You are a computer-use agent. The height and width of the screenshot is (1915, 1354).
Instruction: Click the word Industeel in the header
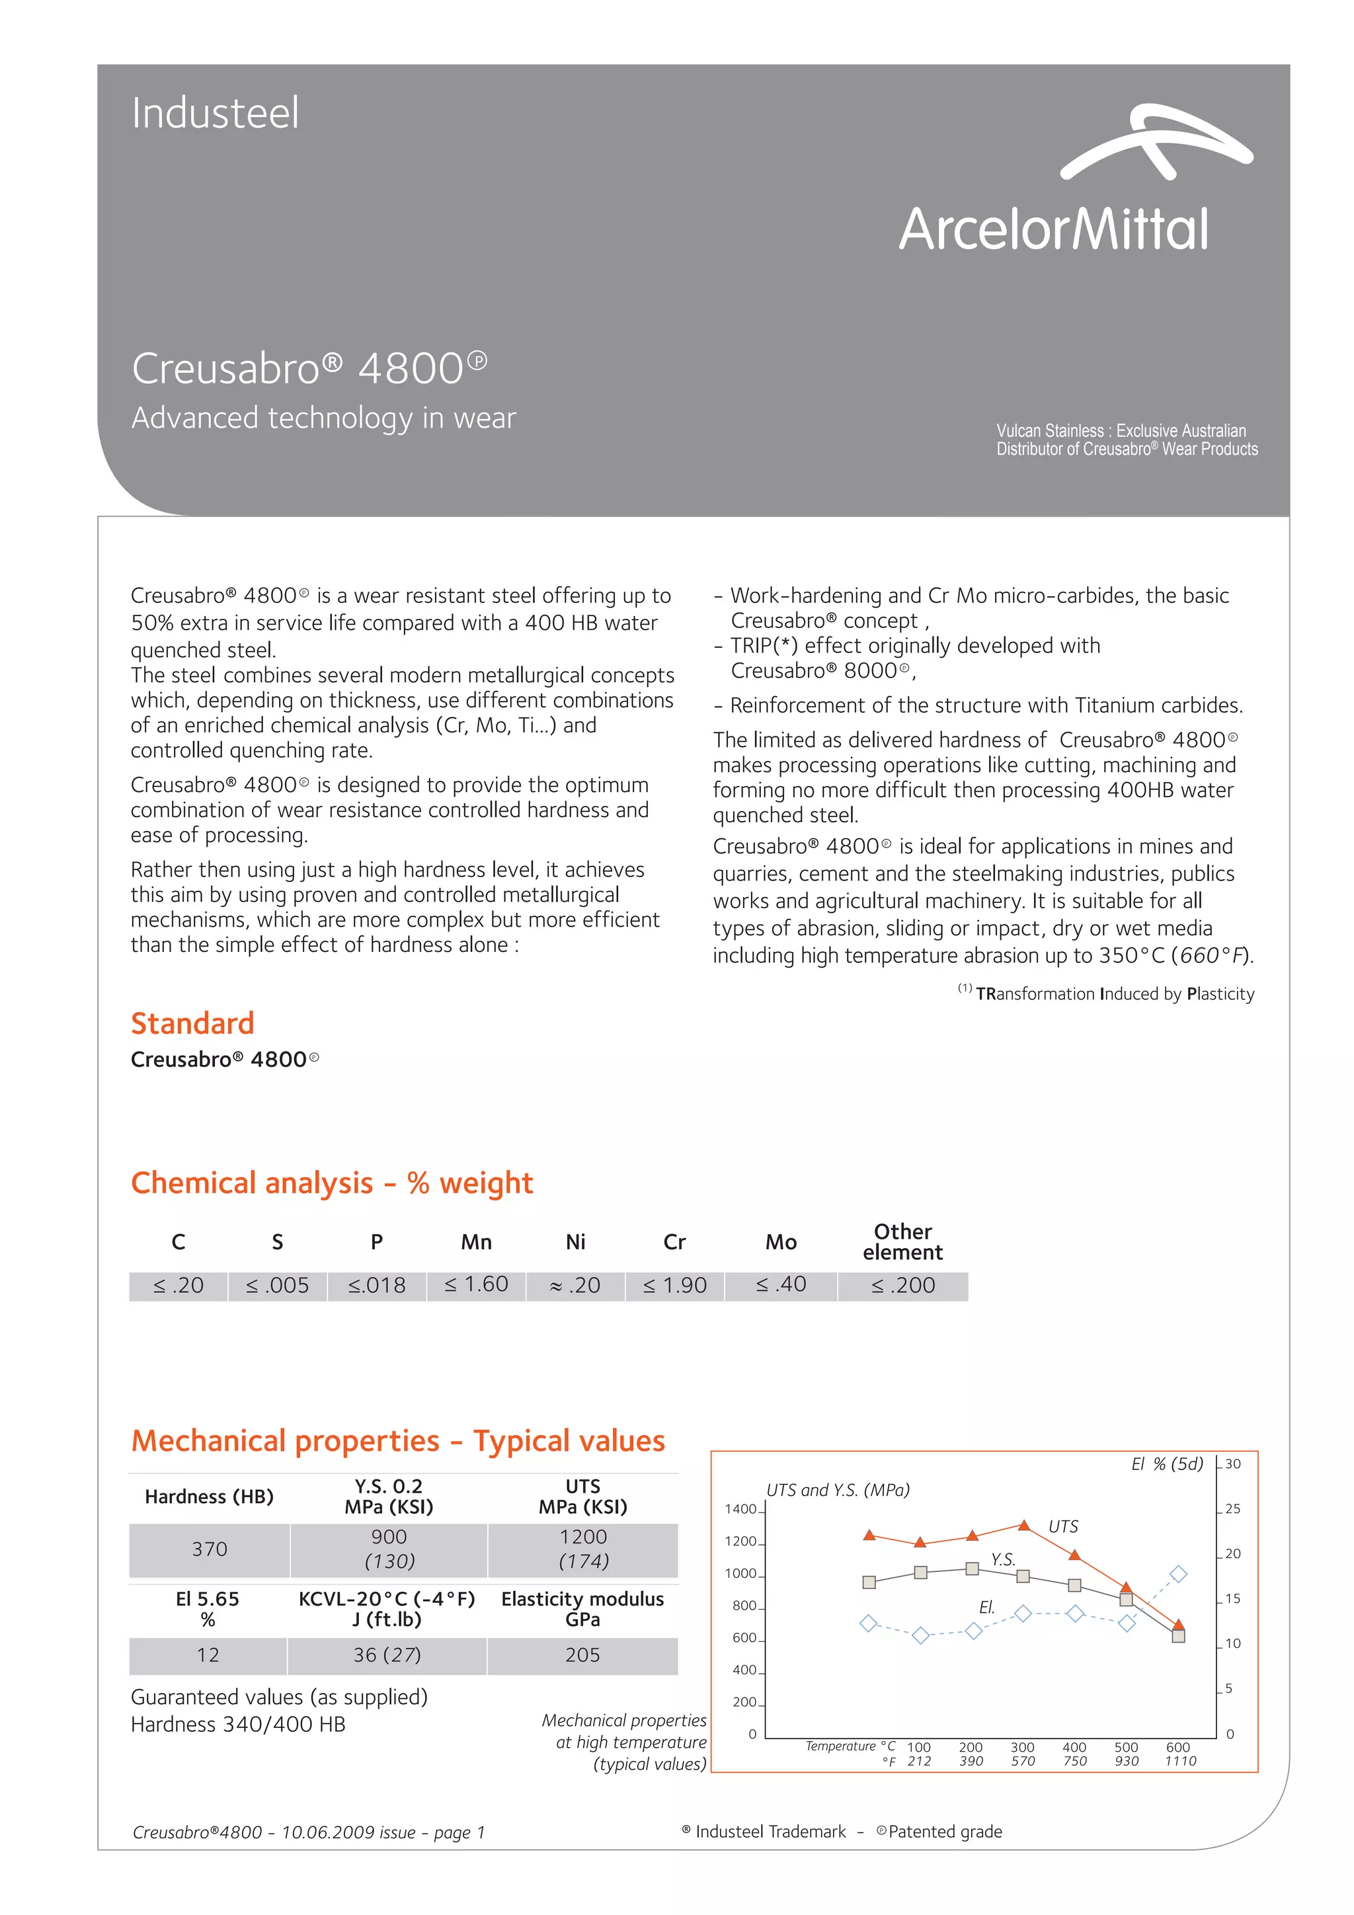216,114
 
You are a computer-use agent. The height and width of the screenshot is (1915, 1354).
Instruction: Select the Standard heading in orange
192,1023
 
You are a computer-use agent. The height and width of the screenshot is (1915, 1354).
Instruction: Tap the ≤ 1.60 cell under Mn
477,1284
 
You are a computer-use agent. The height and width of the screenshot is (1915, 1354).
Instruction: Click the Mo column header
781,1242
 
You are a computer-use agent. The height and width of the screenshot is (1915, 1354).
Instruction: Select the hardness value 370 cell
210,1549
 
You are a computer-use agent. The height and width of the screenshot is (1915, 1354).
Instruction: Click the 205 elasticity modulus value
582,1655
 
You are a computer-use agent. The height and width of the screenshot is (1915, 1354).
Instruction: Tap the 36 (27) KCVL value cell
387,1655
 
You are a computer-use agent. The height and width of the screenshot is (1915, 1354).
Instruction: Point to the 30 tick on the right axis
1232,1464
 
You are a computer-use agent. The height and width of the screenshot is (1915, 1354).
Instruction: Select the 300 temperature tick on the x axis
1022,1747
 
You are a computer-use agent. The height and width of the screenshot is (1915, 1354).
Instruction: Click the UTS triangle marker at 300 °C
1023,1524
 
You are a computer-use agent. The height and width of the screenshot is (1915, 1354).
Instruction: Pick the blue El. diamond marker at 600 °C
1178,1574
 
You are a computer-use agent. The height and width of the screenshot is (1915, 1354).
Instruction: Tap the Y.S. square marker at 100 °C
920,1572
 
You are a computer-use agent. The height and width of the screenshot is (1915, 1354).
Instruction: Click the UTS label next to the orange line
1063,1526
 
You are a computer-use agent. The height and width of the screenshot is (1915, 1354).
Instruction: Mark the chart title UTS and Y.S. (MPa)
838,1490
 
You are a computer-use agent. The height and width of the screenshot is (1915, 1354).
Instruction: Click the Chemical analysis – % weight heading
332,1183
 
